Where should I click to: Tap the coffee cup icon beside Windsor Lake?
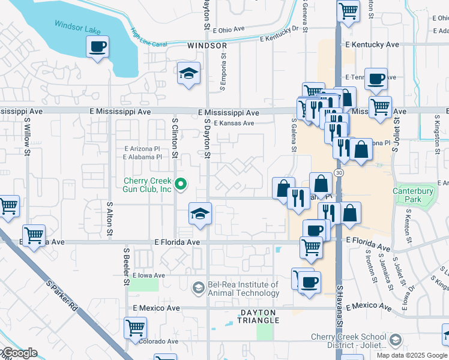(98, 47)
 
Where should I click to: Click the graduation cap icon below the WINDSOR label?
(188, 74)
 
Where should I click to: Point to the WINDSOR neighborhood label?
(206, 46)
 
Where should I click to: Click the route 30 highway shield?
(340, 172)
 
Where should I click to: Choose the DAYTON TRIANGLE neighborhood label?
(258, 316)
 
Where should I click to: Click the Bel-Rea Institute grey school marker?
(197, 289)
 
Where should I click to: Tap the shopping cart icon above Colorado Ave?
(136, 328)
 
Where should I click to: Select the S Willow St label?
(28, 135)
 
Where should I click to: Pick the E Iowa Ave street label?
(148, 275)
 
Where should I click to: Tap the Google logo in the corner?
(19, 353)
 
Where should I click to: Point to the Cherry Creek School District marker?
(396, 341)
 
